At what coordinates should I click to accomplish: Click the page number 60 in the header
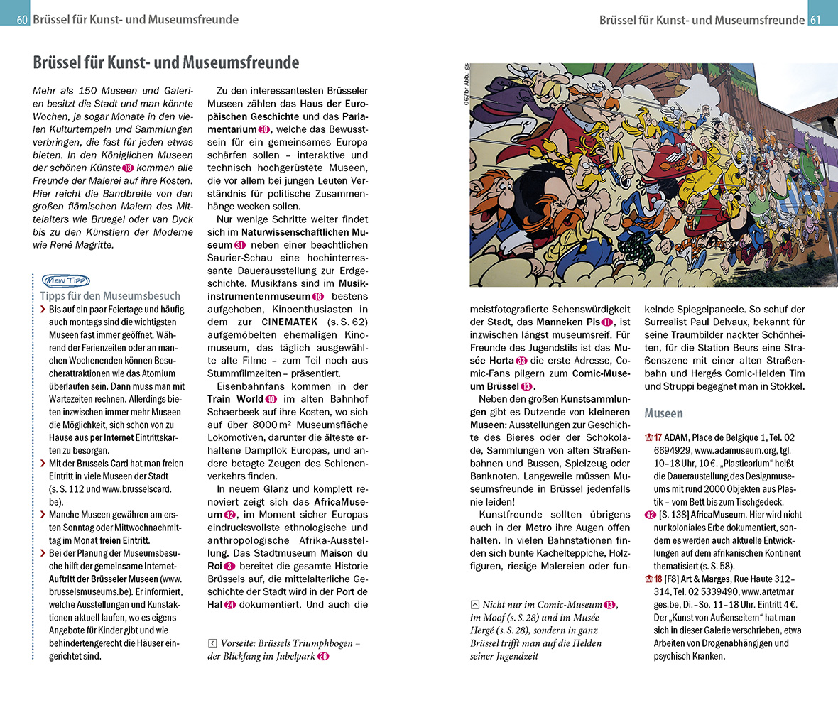pyautogui.click(x=21, y=20)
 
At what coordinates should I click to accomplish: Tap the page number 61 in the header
pyautogui.click(x=815, y=20)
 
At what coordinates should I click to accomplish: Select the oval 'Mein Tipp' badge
pyautogui.click(x=65, y=280)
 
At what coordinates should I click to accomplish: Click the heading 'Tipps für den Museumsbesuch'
pyautogui.click(x=110, y=296)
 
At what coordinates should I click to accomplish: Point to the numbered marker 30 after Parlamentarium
pyautogui.click(x=264, y=130)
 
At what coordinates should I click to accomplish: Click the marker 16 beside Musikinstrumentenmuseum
pyautogui.click(x=317, y=296)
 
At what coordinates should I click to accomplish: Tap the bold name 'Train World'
pyautogui.click(x=235, y=399)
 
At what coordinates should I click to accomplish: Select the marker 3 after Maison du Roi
pyautogui.click(x=229, y=566)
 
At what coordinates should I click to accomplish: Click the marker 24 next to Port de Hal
pyautogui.click(x=229, y=605)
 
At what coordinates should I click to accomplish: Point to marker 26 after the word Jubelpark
pyautogui.click(x=323, y=656)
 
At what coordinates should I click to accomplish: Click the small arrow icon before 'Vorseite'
pyautogui.click(x=212, y=643)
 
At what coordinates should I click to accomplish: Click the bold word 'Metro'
pyautogui.click(x=538, y=528)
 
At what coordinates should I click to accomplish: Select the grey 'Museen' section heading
pyautogui.click(x=663, y=413)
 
